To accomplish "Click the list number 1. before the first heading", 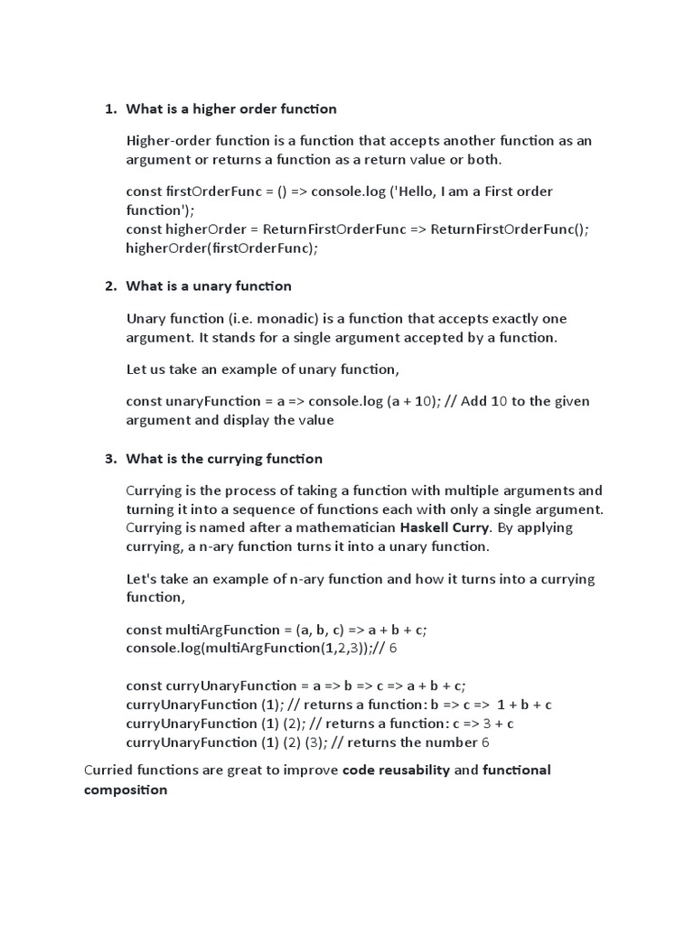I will point(110,109).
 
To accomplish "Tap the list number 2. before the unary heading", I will point(110,286).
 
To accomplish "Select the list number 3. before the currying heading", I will point(110,459).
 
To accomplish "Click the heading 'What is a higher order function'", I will point(231,109).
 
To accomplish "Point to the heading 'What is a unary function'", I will point(209,286).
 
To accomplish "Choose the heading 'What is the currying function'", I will point(224,459).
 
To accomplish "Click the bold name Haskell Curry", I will point(448,528).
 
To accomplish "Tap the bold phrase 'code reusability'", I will point(396,771).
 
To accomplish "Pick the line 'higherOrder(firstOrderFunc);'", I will point(222,248).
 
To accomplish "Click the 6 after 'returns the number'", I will point(485,743).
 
